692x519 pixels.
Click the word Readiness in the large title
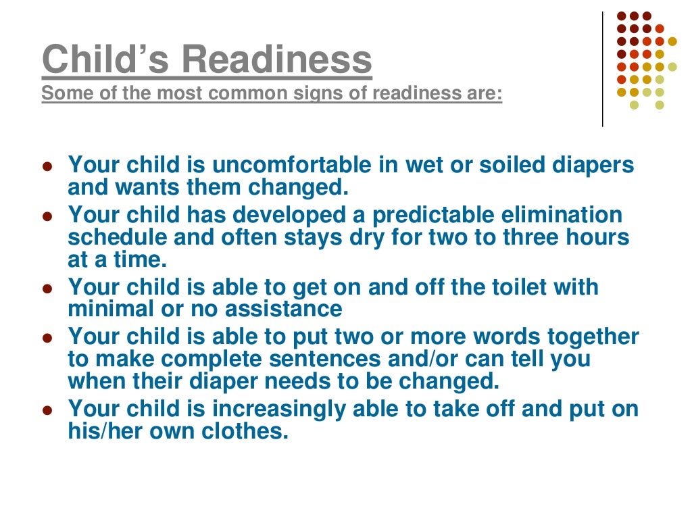tap(277, 59)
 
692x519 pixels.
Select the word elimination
tap(566, 216)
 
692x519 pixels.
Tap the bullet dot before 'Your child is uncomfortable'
tap(47, 166)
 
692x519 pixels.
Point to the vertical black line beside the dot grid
tap(602, 68)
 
